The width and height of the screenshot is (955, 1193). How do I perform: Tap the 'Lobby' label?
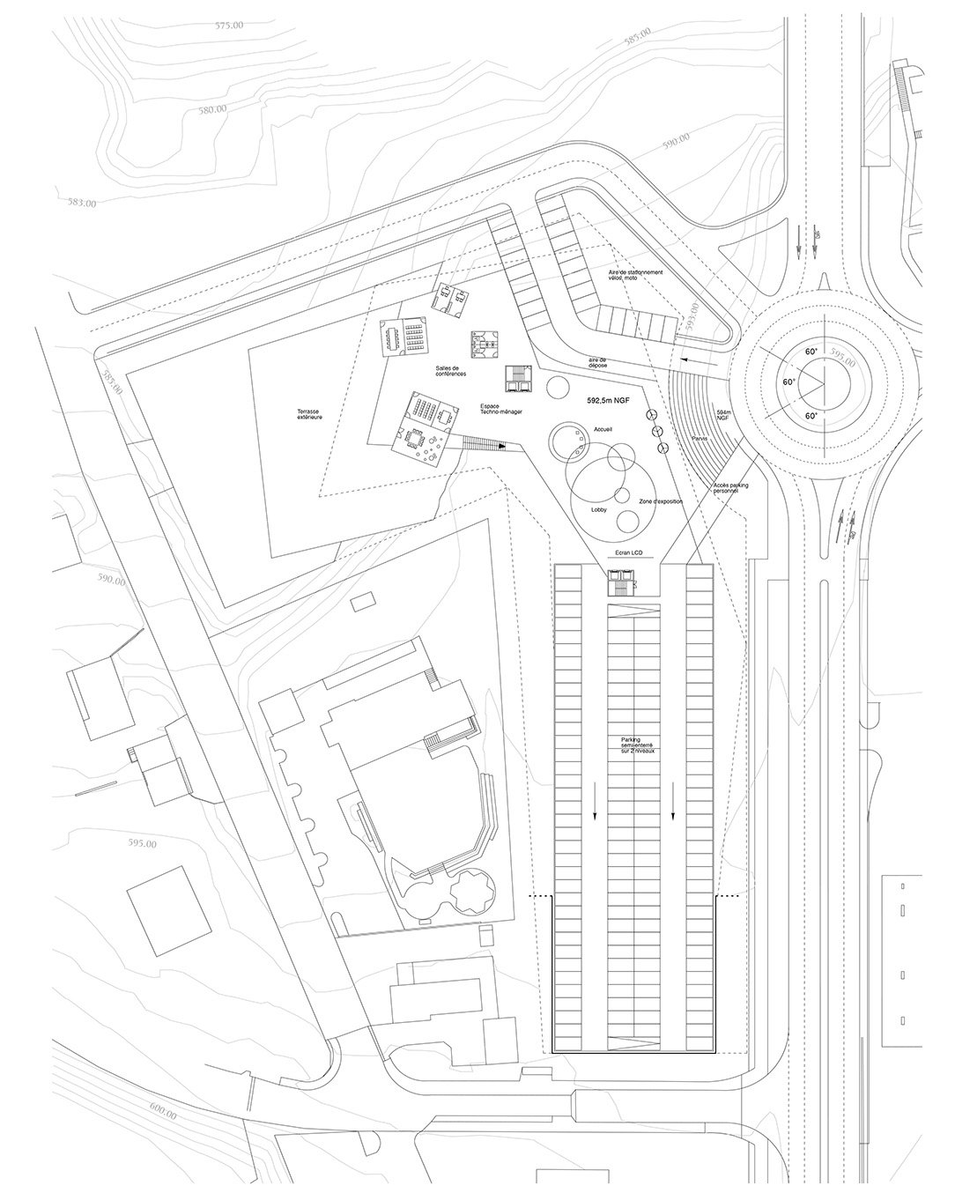point(599,510)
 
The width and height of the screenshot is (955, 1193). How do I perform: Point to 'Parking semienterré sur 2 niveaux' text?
point(637,745)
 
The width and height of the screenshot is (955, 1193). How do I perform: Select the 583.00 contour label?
point(81,202)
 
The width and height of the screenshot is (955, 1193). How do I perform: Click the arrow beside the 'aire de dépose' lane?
point(697,361)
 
